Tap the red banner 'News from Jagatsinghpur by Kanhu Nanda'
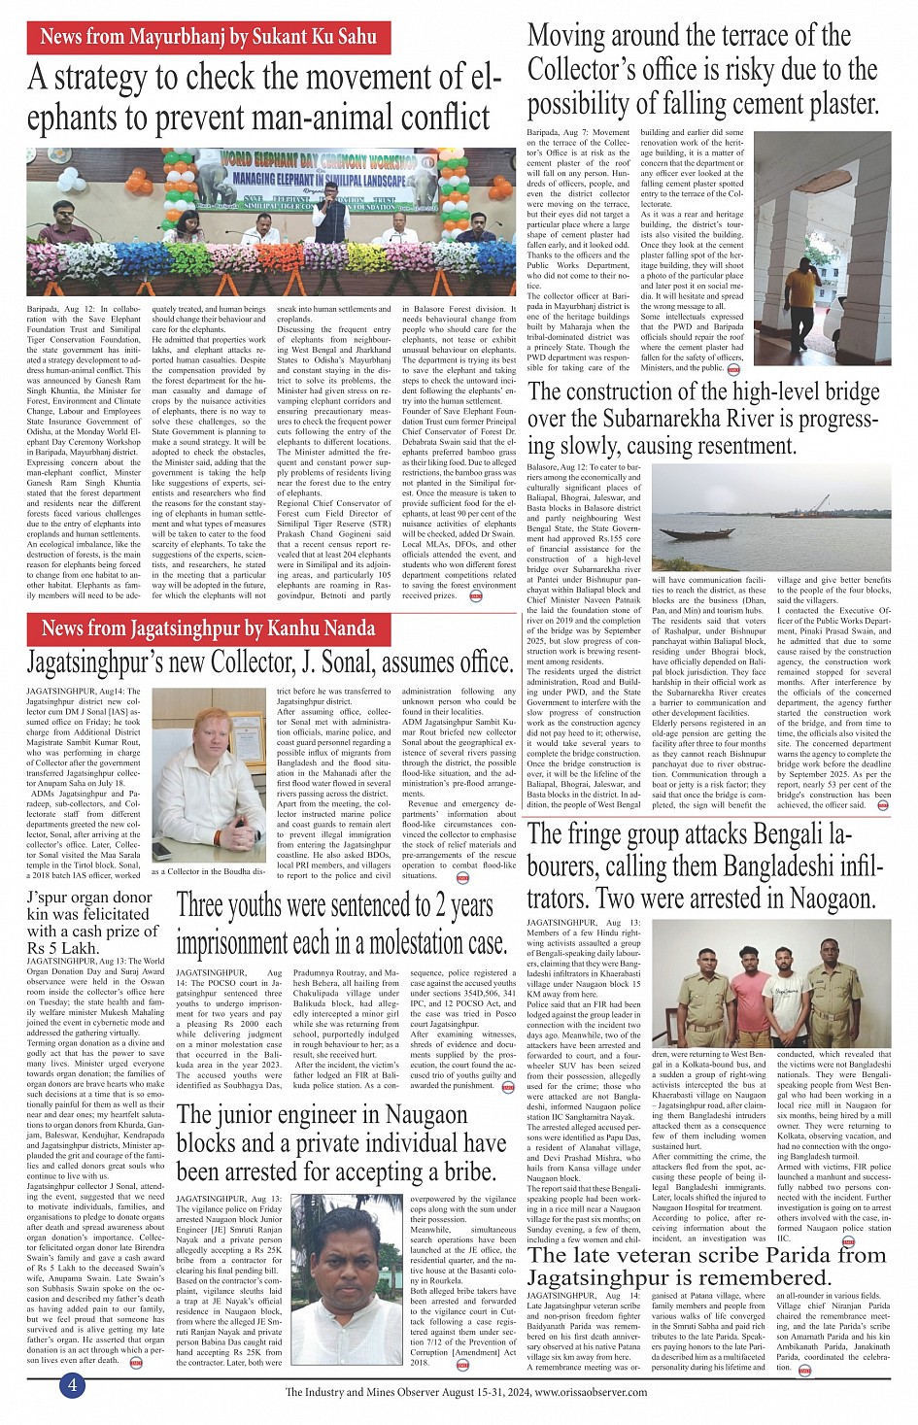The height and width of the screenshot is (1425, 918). coord(209,628)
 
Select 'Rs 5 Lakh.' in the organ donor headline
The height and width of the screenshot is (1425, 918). coord(63,948)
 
